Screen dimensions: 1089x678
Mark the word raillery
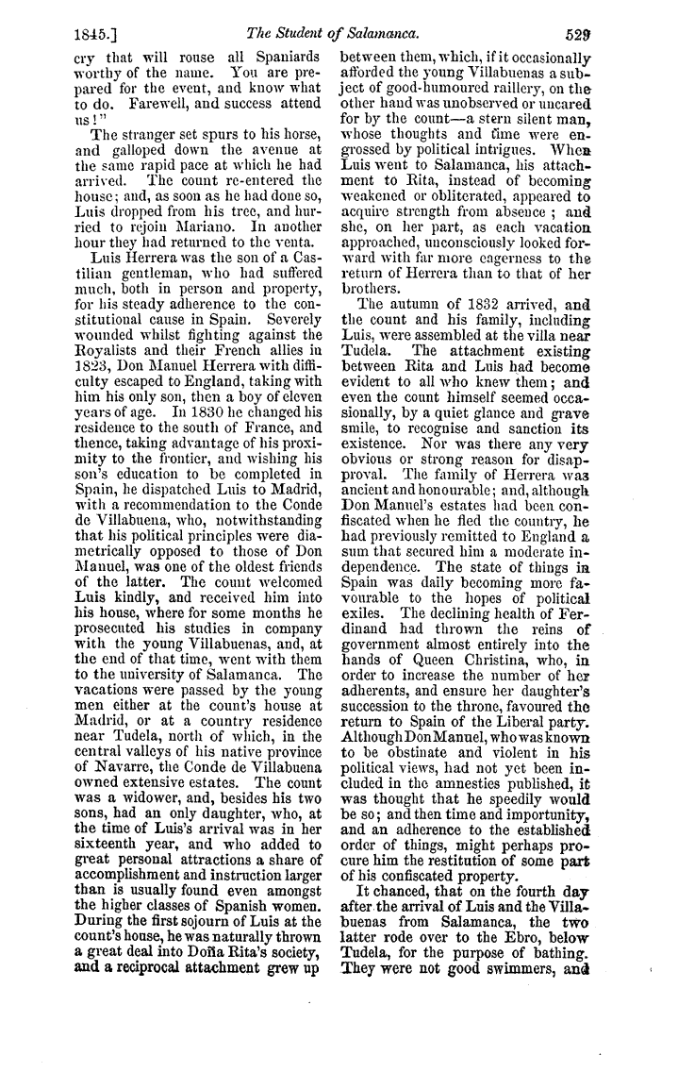540,80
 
